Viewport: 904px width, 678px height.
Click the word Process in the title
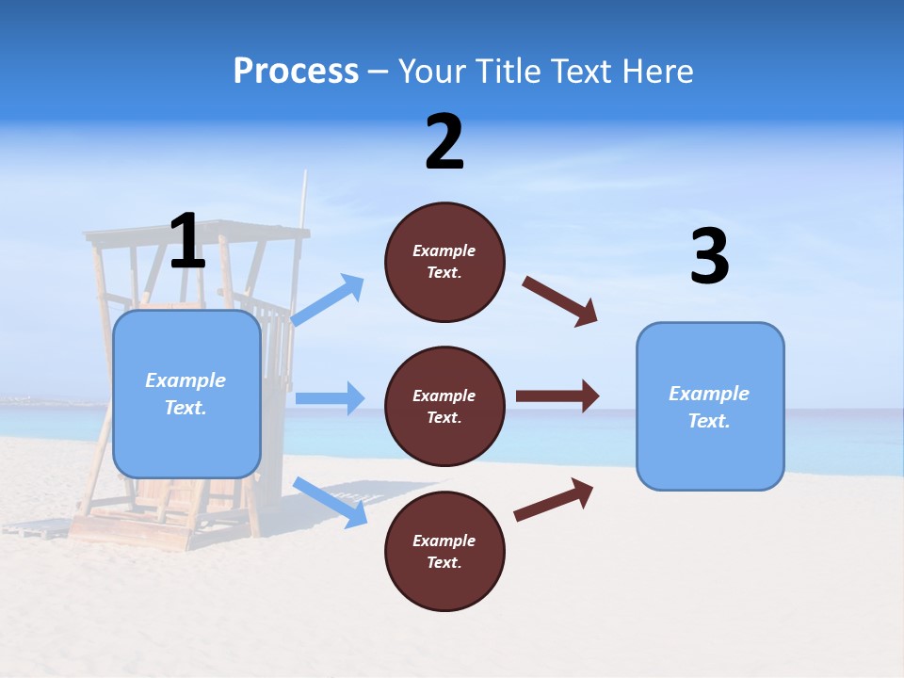click(x=296, y=72)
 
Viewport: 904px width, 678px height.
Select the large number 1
click(x=187, y=241)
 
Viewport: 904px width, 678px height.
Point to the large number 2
click(x=444, y=142)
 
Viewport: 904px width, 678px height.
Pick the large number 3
click(x=709, y=257)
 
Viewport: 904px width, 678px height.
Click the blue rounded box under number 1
click(x=186, y=394)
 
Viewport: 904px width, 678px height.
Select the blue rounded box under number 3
click(x=710, y=406)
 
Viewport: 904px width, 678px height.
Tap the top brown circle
click(x=444, y=262)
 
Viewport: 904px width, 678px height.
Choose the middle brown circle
click(x=444, y=406)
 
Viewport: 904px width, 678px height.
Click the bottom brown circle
click(x=444, y=551)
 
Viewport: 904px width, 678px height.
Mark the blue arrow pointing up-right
click(x=329, y=299)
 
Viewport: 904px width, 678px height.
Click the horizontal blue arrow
click(x=330, y=398)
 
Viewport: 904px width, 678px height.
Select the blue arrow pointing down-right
click(x=331, y=502)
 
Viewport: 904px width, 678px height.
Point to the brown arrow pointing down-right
click(x=560, y=300)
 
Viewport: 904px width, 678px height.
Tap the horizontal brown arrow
click(x=557, y=396)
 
